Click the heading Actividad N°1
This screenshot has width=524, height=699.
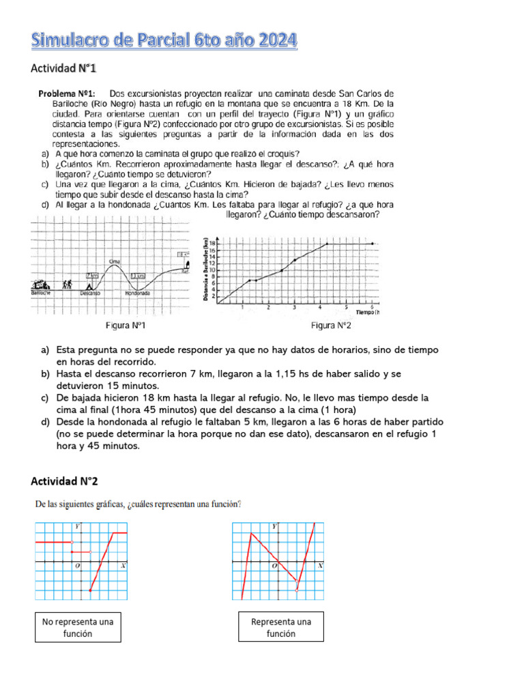point(65,68)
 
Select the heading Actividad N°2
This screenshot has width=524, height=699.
point(65,481)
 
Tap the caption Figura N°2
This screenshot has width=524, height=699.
point(331,326)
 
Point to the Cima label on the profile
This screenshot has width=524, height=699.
point(115,261)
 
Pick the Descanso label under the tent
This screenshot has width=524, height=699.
point(89,294)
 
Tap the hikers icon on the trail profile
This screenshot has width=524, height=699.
point(67,285)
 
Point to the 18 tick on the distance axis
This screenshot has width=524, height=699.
point(213,244)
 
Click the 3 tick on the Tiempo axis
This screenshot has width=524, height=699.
point(294,308)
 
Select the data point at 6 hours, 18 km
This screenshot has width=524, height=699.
point(372,244)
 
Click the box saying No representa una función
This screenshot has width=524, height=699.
point(78,627)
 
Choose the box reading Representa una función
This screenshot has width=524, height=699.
point(281,627)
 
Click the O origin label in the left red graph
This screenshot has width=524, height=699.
point(77,566)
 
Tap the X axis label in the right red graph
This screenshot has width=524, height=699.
point(320,566)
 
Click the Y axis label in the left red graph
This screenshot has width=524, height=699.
point(77,526)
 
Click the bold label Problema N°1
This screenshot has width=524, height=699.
point(67,93)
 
